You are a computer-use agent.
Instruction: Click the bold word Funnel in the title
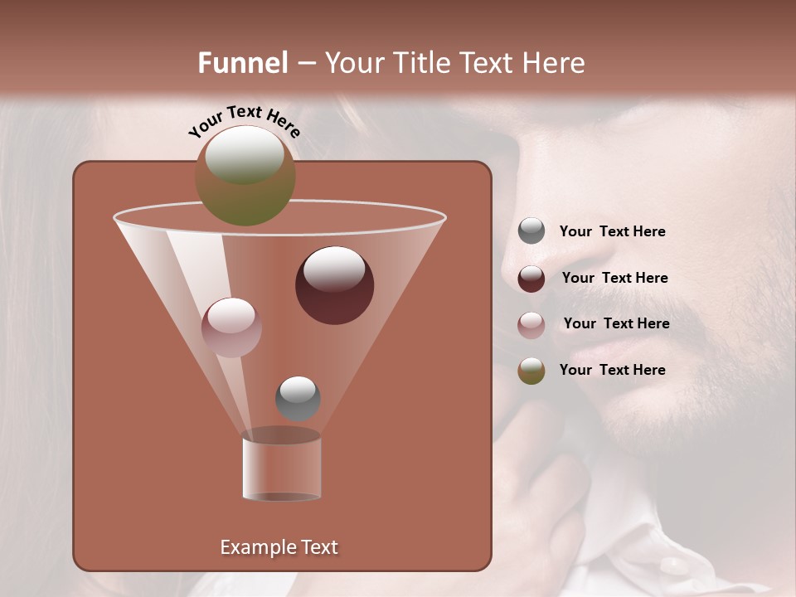point(242,63)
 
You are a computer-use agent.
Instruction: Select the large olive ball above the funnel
point(245,175)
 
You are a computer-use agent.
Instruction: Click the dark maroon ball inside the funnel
point(334,285)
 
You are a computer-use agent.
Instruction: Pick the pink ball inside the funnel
point(231,327)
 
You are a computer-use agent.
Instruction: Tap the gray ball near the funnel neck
point(298,398)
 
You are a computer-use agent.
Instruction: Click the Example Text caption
point(279,547)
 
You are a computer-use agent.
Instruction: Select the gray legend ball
point(531,231)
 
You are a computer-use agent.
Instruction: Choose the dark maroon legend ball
point(531,279)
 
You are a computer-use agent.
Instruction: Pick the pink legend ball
point(531,324)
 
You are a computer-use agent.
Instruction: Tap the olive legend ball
point(531,371)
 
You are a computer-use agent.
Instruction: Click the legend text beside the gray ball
point(612,232)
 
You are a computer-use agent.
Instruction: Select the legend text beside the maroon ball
point(614,279)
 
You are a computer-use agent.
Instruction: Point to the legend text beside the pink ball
point(616,324)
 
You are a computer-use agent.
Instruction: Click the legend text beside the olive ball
point(612,370)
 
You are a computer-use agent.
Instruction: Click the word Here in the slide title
point(554,63)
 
